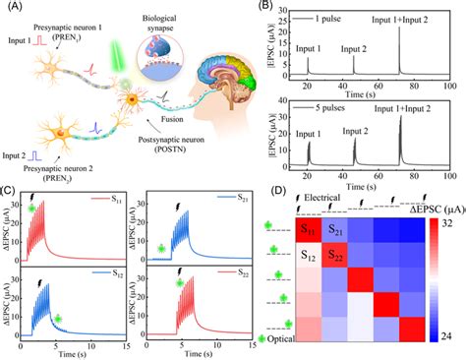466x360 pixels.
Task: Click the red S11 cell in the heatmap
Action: [311, 229]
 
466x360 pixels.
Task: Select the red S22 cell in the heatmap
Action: [339, 255]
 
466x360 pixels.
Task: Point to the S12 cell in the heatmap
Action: [311, 255]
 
